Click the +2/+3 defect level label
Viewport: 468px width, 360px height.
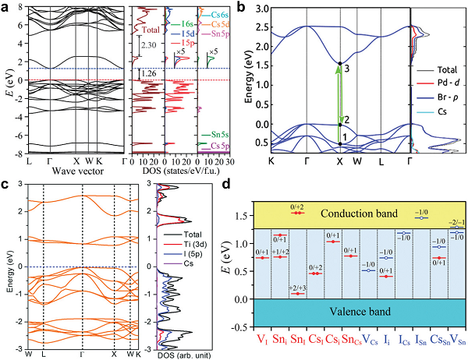pos(298,288)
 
